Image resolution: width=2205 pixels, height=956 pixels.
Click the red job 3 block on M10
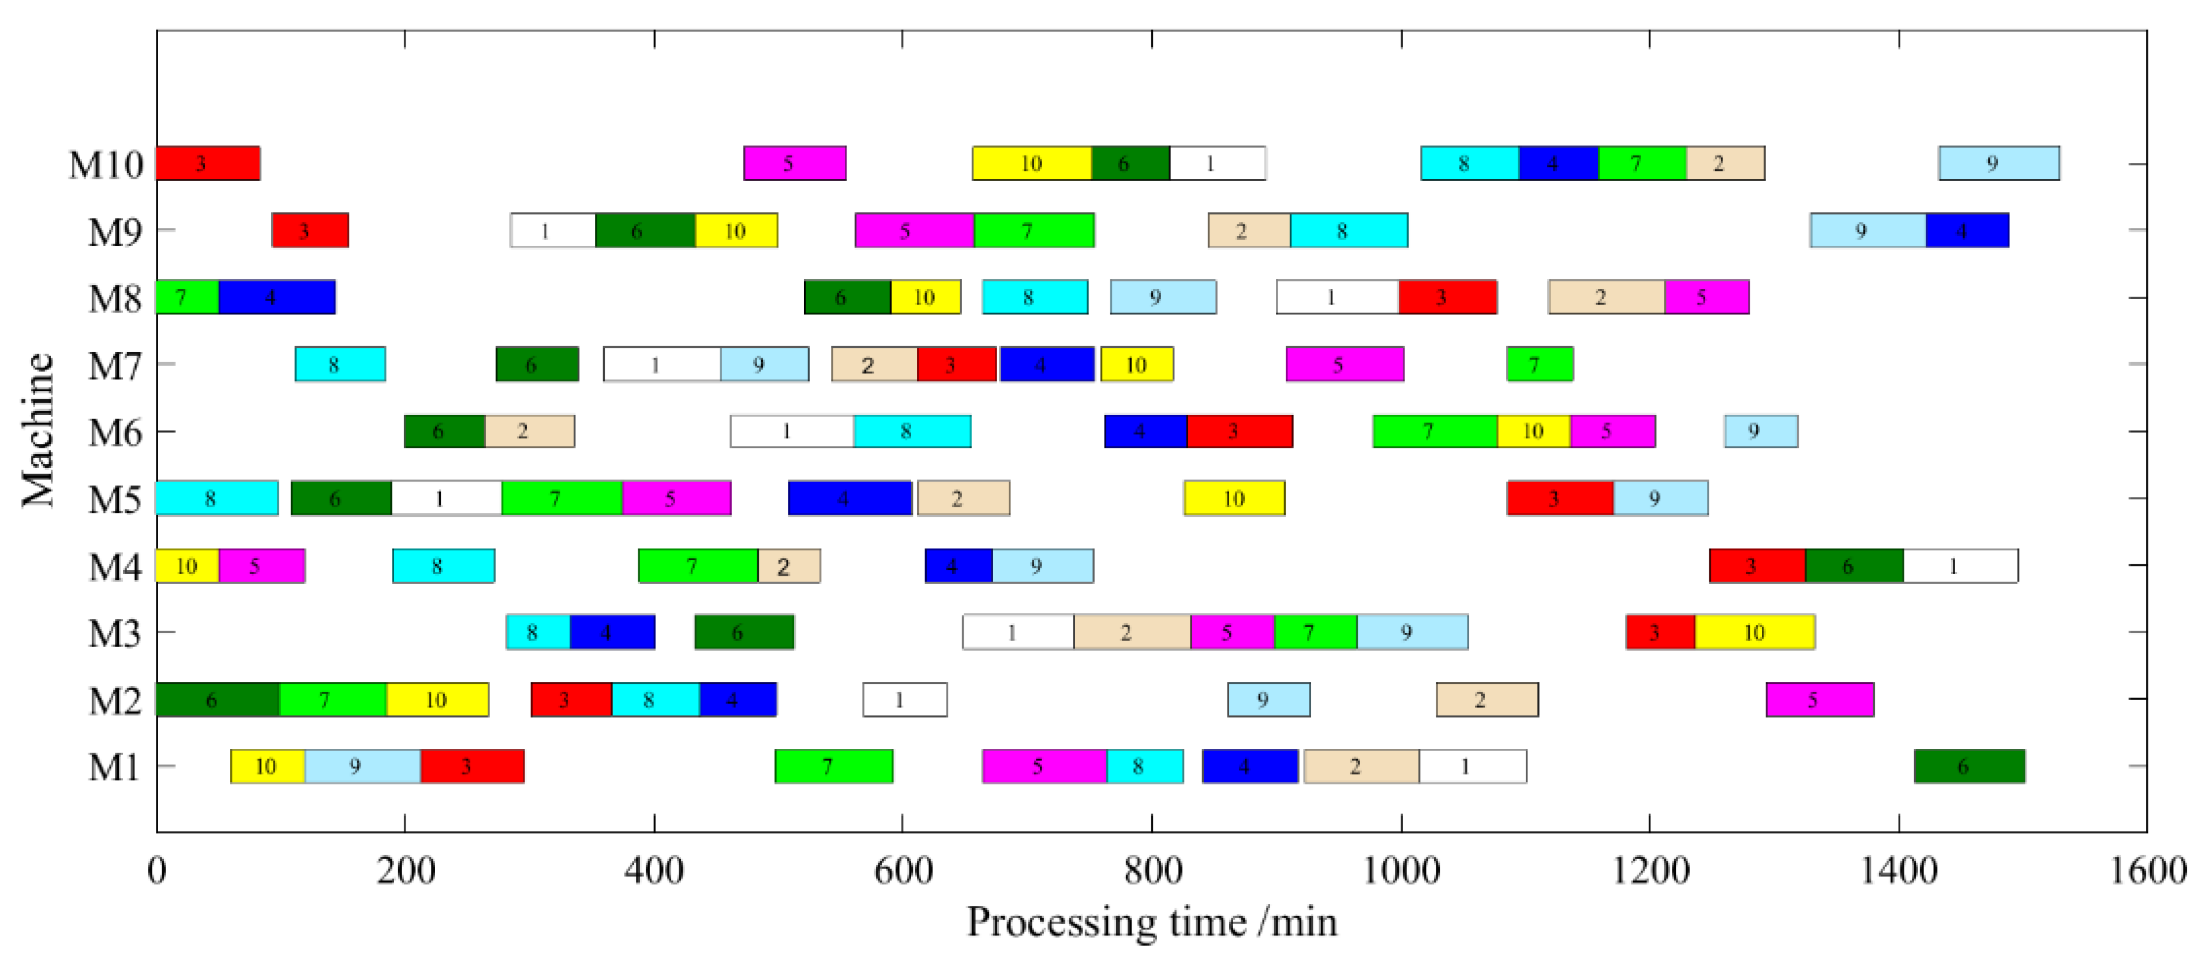pos(207,163)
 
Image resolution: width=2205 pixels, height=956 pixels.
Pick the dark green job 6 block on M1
pos(1969,767)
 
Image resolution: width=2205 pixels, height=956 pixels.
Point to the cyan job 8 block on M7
pos(340,365)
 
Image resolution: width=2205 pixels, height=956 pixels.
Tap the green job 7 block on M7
pos(1539,365)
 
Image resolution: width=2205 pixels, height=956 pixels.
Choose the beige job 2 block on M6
pos(529,432)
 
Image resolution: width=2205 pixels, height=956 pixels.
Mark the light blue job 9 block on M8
pos(1162,298)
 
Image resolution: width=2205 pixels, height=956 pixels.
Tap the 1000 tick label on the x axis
pos(1401,871)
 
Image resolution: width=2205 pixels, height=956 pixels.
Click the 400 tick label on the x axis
pos(654,871)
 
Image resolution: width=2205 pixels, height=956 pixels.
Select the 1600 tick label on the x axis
pos(2147,871)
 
